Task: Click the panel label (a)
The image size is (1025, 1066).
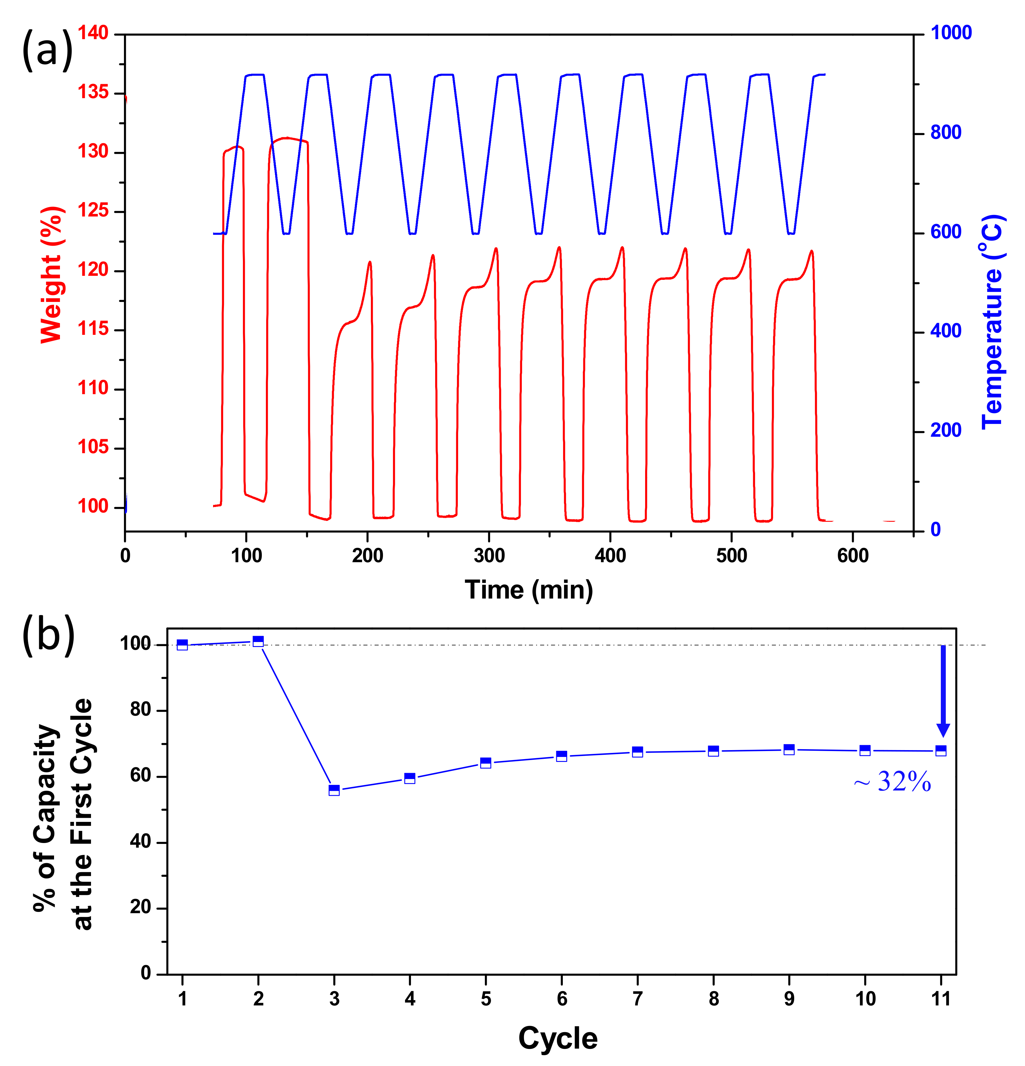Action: [x=47, y=50]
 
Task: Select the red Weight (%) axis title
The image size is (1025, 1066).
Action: [x=52, y=275]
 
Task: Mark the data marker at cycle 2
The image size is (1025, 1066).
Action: [x=258, y=641]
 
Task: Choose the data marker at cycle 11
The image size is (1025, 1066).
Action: [x=941, y=750]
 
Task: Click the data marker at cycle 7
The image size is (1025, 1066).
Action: [x=637, y=752]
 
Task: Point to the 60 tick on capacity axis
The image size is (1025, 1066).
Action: [x=140, y=776]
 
